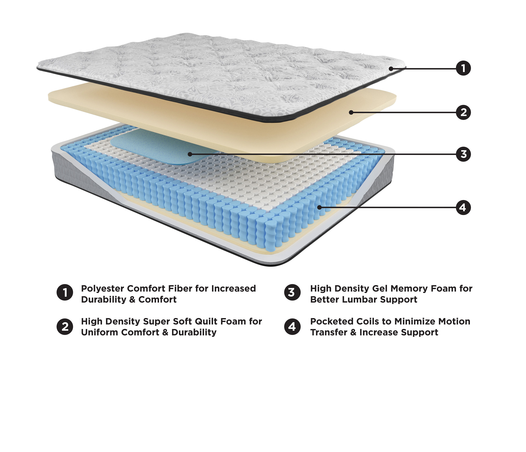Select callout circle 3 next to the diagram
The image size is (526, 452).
click(463, 154)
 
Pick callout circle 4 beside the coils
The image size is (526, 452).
click(463, 208)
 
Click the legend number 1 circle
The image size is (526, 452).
click(65, 292)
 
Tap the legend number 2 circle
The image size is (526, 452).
click(65, 327)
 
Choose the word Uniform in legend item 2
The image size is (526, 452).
click(99, 332)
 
